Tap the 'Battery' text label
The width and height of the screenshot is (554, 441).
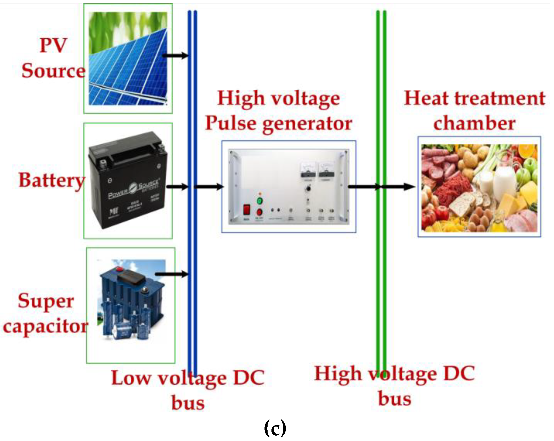pos(52,180)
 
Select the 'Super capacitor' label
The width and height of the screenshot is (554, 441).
pos(46,314)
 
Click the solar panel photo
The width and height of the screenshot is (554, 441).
pos(128,59)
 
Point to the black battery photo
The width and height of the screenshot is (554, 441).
pos(128,180)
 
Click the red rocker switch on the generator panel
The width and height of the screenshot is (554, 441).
pos(247,210)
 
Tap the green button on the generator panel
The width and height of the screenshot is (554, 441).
pos(260,201)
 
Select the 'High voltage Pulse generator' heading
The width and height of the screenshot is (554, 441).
pos(279,111)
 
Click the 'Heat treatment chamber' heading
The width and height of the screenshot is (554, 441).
pos(475,111)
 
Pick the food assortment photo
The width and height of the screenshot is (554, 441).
pos(479,188)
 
